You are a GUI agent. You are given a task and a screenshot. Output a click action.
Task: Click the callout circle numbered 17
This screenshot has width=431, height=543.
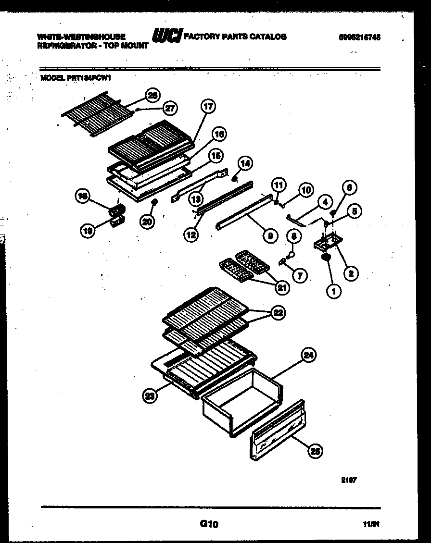pos(208,107)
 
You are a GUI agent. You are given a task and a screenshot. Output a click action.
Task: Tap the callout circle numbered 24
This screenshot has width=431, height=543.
pos(309,355)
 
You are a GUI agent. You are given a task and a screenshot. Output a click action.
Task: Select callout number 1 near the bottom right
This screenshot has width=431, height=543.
pos(333,290)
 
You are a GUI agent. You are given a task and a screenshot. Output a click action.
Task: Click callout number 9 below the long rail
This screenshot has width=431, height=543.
pos(271,235)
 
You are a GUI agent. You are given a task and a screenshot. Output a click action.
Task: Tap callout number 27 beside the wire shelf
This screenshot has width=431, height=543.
pos(169,109)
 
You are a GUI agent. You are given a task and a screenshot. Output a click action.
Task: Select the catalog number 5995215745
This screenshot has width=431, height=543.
pos(359,37)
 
